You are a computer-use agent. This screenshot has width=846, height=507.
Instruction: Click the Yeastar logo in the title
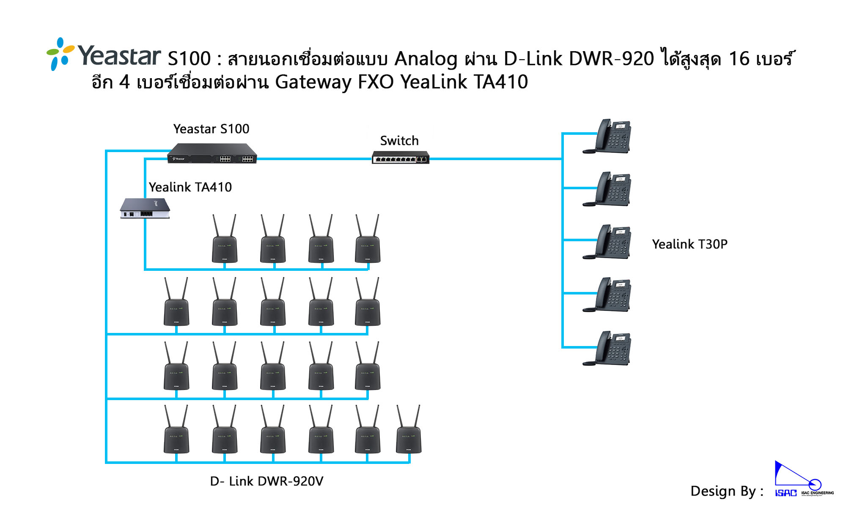104,55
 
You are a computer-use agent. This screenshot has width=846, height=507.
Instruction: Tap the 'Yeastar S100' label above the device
211,129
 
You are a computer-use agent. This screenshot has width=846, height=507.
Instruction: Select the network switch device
400,157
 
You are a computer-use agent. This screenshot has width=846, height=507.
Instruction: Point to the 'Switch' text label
399,141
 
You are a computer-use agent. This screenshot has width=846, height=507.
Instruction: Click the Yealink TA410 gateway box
145,208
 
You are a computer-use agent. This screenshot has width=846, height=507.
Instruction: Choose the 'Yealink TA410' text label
190,187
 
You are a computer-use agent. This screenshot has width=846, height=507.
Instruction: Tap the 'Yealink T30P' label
689,244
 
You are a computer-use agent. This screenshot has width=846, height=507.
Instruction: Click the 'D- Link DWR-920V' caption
266,481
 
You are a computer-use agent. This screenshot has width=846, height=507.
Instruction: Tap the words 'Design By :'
727,491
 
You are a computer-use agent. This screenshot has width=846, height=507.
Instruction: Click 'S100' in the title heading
189,59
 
